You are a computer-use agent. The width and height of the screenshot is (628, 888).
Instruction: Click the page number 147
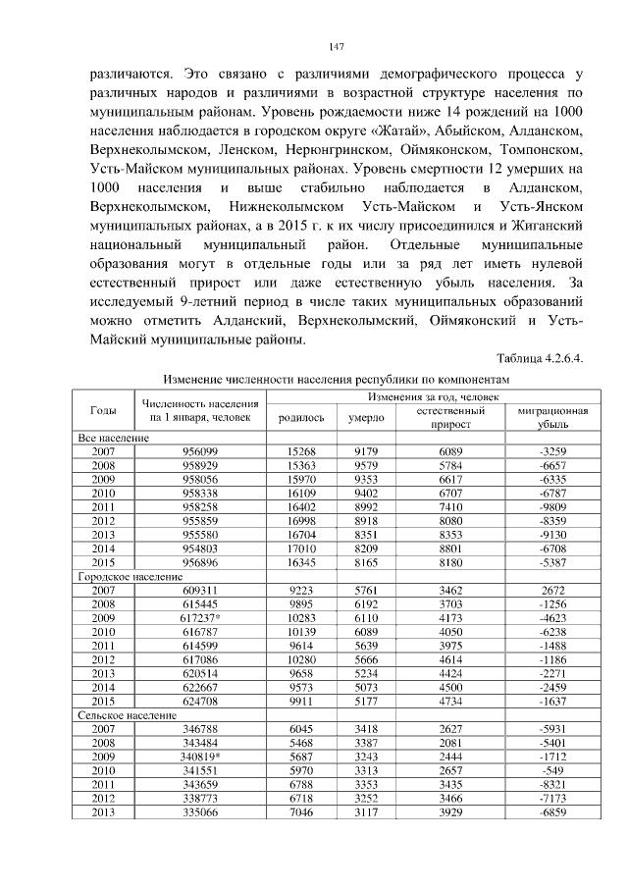click(335, 46)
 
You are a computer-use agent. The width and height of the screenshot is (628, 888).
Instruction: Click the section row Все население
click(114, 437)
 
